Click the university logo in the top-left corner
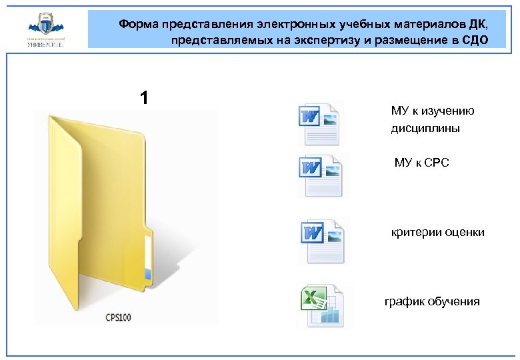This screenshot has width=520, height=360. coord(45,30)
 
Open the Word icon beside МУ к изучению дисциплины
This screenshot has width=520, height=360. coord(319,124)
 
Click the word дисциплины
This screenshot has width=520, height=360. coord(425,128)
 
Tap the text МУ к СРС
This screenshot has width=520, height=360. coord(421,162)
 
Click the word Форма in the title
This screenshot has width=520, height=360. coord(139,25)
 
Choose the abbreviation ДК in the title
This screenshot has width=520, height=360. coord(477,25)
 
